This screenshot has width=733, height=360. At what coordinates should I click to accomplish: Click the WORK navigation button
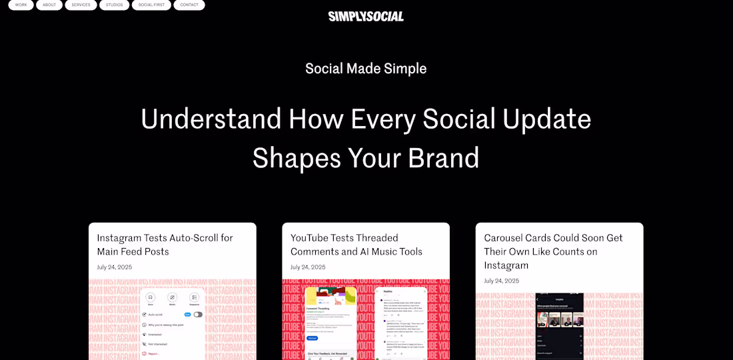pyautogui.click(x=21, y=5)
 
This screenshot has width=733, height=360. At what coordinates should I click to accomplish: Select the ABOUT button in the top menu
pyautogui.click(x=49, y=5)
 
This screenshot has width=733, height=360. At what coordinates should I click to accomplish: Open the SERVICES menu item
pyautogui.click(x=81, y=5)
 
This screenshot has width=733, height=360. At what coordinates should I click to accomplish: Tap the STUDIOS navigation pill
pyautogui.click(x=114, y=5)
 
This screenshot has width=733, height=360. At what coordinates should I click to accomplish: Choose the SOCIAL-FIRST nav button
pyautogui.click(x=151, y=5)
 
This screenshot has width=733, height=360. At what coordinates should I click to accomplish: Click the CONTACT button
pyautogui.click(x=189, y=5)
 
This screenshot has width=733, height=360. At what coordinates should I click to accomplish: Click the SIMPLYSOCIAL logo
pyautogui.click(x=366, y=16)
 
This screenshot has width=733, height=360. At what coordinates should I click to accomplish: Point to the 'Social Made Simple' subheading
pyautogui.click(x=366, y=69)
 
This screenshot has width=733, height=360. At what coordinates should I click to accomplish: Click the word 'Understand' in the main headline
pyautogui.click(x=211, y=119)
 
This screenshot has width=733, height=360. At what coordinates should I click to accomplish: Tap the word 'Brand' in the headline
pyautogui.click(x=443, y=158)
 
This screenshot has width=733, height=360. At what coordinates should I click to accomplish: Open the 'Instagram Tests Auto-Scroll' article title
pyautogui.click(x=165, y=245)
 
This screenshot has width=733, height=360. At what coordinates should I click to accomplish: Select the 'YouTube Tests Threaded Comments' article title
pyautogui.click(x=356, y=245)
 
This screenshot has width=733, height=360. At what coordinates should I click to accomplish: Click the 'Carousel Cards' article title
pyautogui.click(x=553, y=251)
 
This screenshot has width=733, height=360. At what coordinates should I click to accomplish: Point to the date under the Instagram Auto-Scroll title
pyautogui.click(x=115, y=267)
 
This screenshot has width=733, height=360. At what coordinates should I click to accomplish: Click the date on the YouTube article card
pyautogui.click(x=308, y=267)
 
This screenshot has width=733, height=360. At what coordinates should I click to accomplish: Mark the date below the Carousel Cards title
pyautogui.click(x=502, y=281)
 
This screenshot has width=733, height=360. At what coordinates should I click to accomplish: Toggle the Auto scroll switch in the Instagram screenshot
pyautogui.click(x=198, y=314)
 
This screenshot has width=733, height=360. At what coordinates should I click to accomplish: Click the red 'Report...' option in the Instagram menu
pyautogui.click(x=154, y=353)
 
